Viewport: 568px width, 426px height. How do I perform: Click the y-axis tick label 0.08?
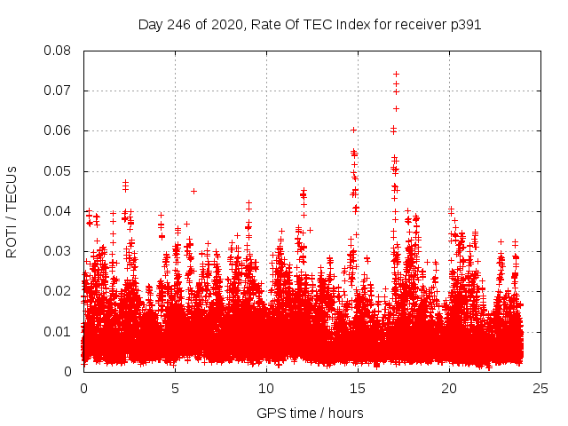(59, 51)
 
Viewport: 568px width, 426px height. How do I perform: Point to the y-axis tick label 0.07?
(59, 91)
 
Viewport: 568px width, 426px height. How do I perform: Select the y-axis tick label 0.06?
(59, 130)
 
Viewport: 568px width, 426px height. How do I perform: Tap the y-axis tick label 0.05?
(59, 170)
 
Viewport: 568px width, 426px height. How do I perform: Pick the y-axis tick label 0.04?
(59, 211)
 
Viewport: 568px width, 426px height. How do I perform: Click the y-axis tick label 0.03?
(59, 251)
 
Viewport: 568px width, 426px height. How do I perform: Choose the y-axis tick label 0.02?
(59, 291)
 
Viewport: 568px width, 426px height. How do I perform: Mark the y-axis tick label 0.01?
(59, 331)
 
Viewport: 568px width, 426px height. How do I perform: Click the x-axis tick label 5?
(175, 388)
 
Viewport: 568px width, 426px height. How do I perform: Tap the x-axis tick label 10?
(266, 388)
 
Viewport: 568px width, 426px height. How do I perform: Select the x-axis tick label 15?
(358, 388)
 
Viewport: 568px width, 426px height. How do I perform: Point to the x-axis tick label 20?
(449, 388)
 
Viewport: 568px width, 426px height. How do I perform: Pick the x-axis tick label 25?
(540, 388)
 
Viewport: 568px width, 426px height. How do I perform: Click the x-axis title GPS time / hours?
(310, 413)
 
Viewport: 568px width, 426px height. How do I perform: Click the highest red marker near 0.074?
(396, 74)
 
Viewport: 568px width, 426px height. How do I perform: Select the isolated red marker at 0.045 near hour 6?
(193, 191)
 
